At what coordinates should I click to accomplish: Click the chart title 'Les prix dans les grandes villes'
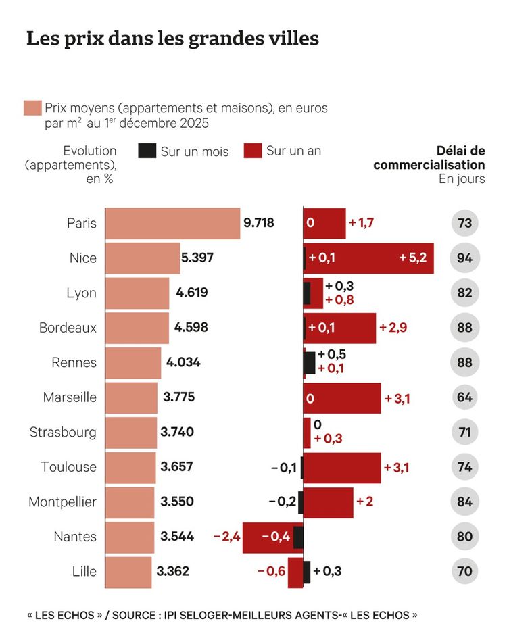[x=172, y=39]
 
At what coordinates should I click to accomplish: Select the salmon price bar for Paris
[x=173, y=223]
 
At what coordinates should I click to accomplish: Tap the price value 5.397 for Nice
[x=200, y=258]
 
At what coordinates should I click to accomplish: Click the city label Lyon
[x=81, y=293]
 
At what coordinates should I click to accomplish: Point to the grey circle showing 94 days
[x=464, y=258]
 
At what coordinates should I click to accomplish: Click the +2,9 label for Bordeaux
[x=393, y=328]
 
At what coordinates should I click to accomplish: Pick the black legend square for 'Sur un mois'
[x=147, y=151]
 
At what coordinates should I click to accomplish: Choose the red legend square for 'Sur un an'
[x=252, y=151]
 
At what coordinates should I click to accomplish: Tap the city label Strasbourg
[x=63, y=432]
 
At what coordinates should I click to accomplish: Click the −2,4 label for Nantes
[x=226, y=537]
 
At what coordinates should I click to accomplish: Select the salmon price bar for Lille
[x=129, y=572]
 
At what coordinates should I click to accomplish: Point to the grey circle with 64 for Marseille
[x=464, y=397]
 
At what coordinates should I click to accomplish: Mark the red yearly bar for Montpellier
[x=328, y=502]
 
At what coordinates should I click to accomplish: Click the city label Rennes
[x=74, y=362]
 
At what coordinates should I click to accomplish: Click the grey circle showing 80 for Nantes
[x=464, y=537]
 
